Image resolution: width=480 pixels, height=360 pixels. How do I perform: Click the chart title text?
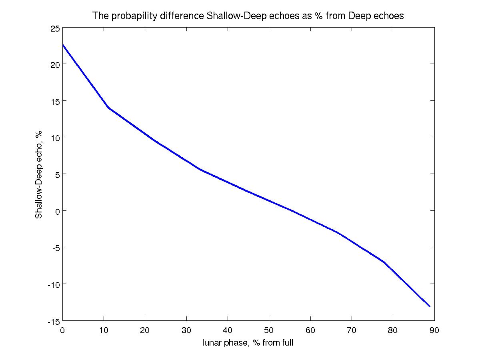pos(248,16)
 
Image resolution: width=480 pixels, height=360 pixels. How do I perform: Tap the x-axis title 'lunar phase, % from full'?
pos(248,343)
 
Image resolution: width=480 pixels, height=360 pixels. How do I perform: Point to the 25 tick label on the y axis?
pos(55,28)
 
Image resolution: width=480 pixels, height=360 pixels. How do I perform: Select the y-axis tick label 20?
pos(55,64)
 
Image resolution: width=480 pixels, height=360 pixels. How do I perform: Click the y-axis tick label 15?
pos(55,101)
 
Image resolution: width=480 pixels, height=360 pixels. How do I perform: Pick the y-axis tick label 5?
pos(57,174)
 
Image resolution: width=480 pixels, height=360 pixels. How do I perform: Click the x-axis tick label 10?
pos(104,331)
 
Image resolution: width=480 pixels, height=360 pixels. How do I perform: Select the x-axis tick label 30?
pos(186,331)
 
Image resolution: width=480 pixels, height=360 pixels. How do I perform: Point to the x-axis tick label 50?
pos(269,331)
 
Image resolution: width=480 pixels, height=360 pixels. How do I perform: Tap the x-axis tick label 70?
pos(352,331)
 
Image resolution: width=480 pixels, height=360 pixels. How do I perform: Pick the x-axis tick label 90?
pos(434,331)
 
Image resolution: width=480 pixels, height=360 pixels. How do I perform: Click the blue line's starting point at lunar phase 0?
pos(63,44)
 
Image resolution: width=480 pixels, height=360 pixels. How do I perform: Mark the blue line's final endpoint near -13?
pos(430,306)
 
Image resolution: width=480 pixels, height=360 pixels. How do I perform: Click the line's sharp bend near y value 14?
pos(108,108)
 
